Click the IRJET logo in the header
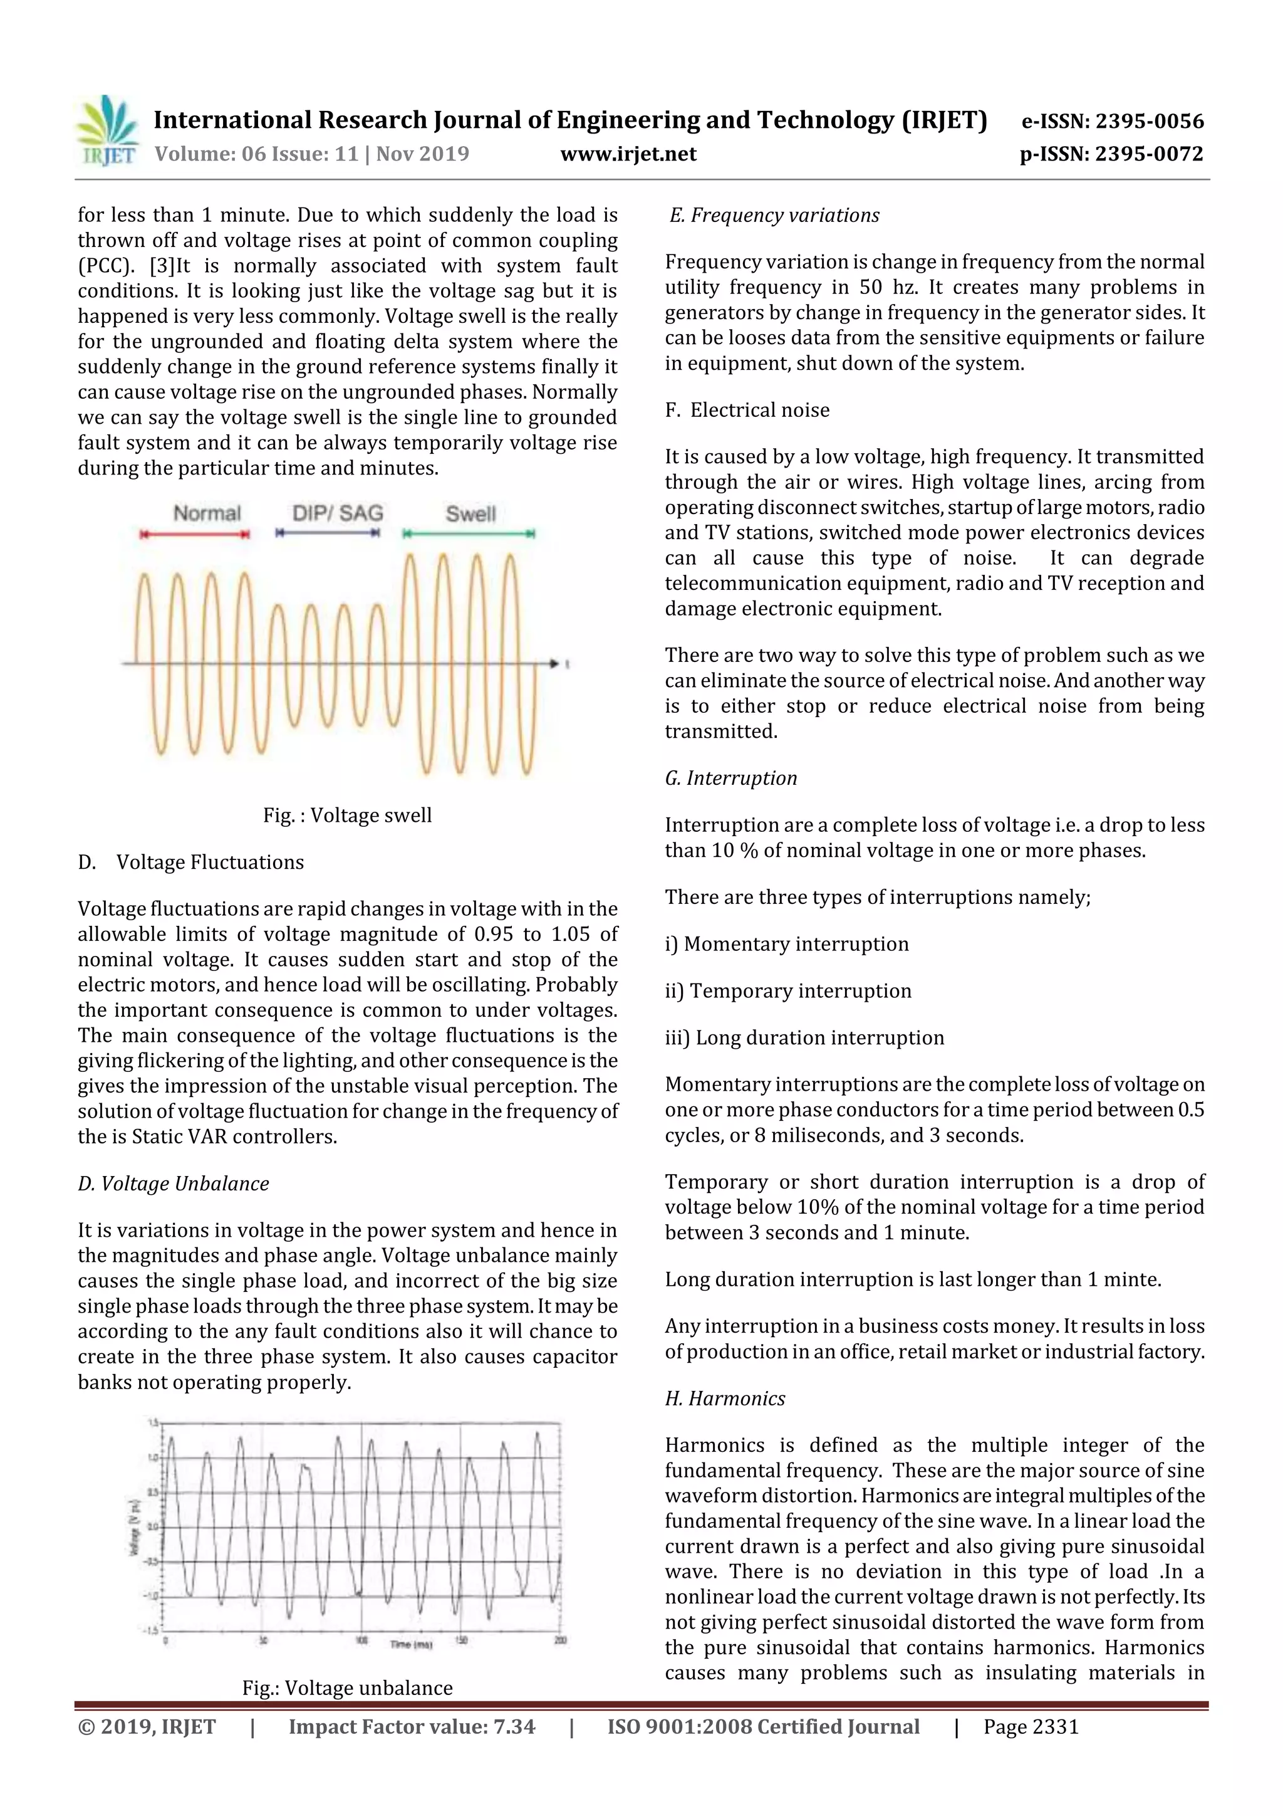(106, 130)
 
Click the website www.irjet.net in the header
(628, 154)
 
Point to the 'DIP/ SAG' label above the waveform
(338, 513)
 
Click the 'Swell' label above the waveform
(470, 514)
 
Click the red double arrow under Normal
(194, 535)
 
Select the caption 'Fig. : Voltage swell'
(347, 816)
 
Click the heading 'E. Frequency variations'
(774, 215)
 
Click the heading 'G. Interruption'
(730, 779)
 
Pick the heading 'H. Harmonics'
(725, 1399)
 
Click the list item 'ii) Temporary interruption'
(788, 991)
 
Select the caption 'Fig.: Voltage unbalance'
(347, 1688)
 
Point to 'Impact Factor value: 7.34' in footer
(411, 1726)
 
